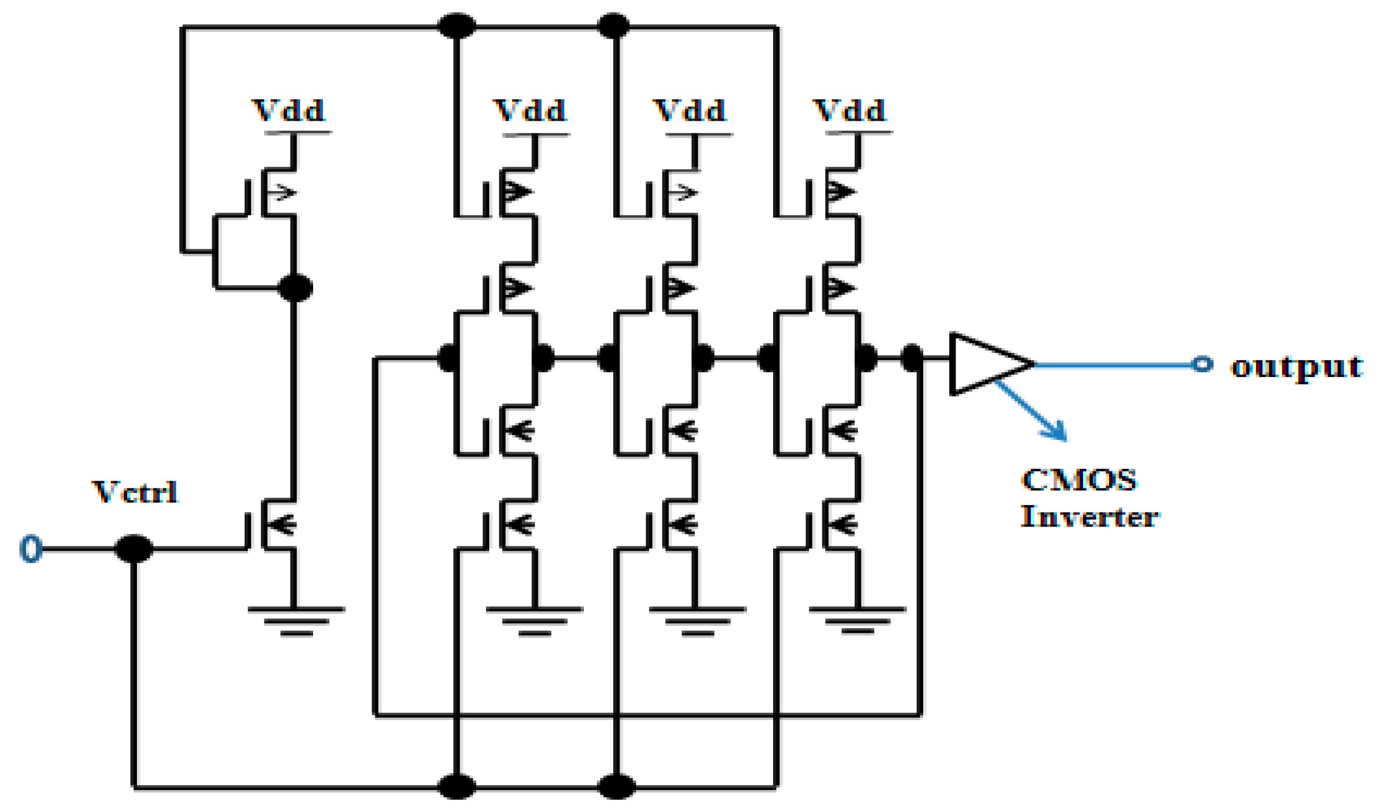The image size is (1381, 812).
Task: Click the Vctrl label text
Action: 135,492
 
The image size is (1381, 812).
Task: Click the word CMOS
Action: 1079,481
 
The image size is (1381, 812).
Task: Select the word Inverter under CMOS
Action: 1089,517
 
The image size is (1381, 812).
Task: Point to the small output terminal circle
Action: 1202,363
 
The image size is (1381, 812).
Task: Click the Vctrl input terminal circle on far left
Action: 31,548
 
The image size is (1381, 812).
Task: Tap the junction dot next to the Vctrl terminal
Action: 133,548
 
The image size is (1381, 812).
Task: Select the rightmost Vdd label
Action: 849,111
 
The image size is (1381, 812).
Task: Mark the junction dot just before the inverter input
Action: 912,358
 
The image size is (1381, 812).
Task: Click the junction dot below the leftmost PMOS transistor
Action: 295,287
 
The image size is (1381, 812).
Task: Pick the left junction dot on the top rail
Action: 456,26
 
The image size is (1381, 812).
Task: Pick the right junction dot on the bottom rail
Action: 616,786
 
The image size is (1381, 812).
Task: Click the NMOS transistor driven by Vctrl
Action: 274,525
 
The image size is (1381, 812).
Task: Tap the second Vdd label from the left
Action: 530,111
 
